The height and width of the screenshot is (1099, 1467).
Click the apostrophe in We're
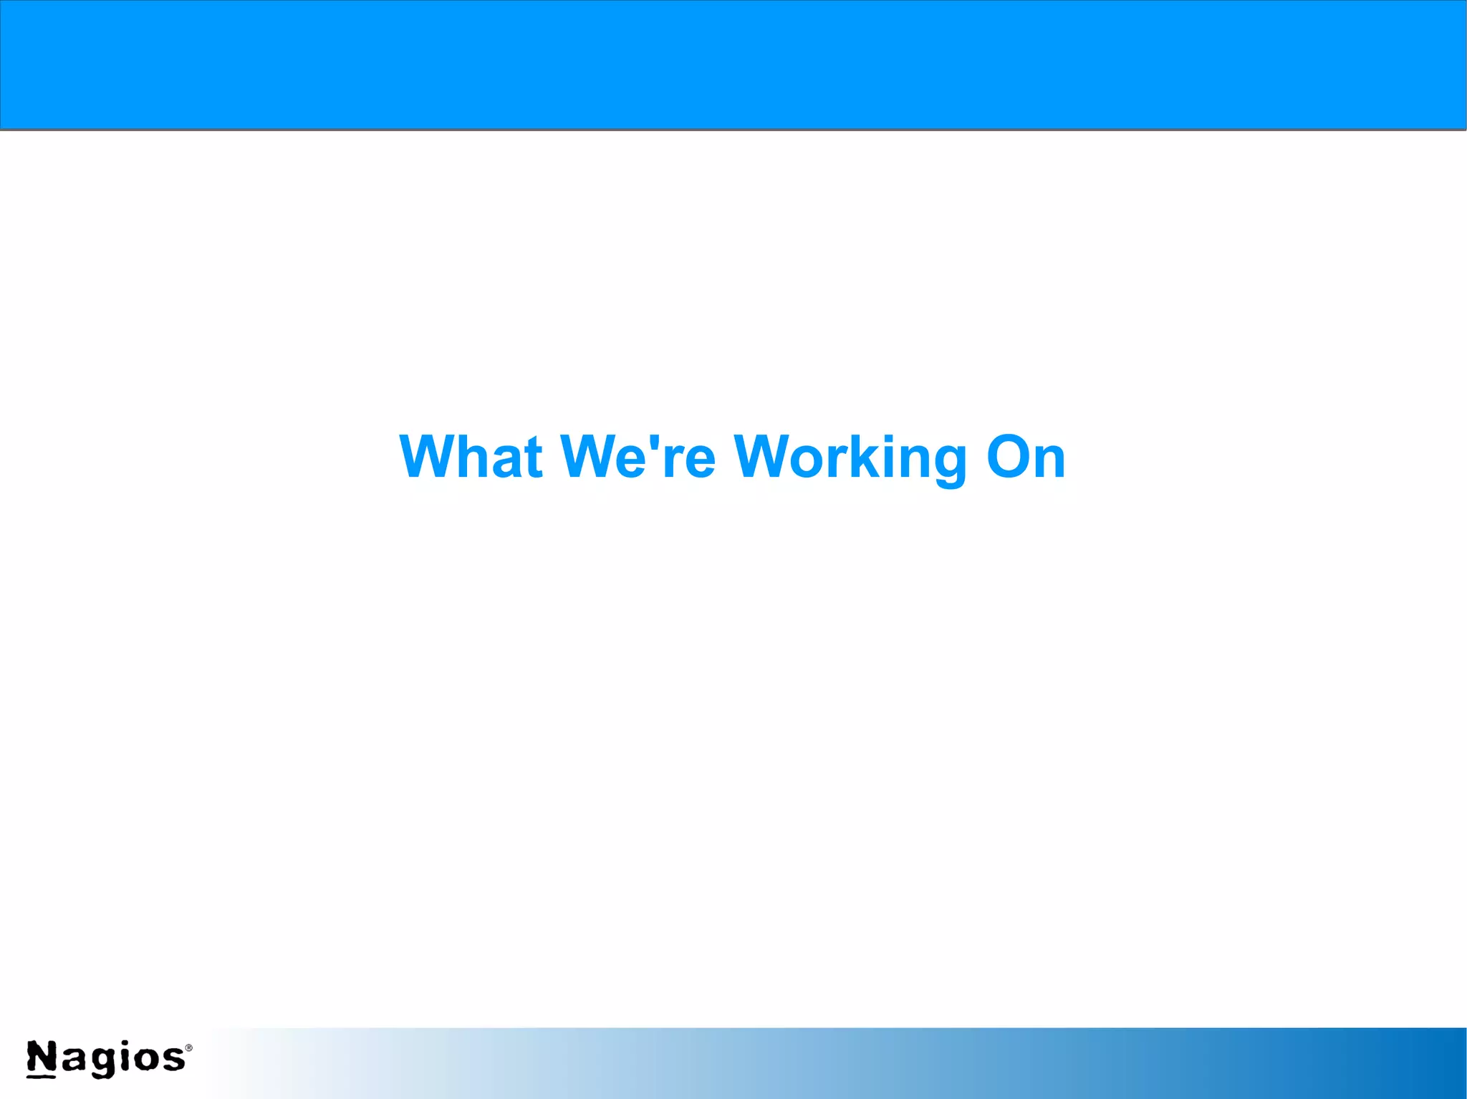pos(653,443)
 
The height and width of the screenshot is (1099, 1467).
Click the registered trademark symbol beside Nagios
pos(189,1047)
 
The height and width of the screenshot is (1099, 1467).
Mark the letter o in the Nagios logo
pos(147,1060)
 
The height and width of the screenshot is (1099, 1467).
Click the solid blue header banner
pos(733,64)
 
